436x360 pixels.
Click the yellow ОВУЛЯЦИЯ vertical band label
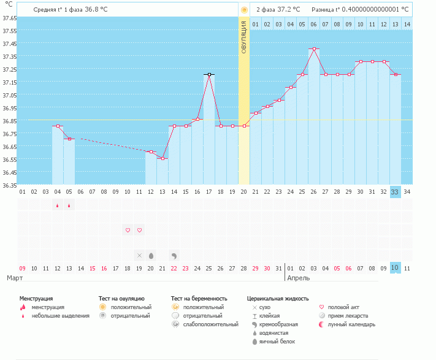244,37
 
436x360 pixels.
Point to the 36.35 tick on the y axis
9,185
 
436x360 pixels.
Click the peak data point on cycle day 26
314,48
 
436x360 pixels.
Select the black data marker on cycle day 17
209,74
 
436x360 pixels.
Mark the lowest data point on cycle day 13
163,158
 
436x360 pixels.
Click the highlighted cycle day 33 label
396,192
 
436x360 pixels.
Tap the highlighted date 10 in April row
396,268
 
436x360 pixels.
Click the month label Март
15,278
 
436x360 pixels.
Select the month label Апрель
298,278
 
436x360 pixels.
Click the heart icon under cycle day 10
128,230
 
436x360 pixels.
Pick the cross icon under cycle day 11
139,255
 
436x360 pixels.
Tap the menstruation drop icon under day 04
58,205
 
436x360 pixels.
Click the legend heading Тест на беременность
203,298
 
